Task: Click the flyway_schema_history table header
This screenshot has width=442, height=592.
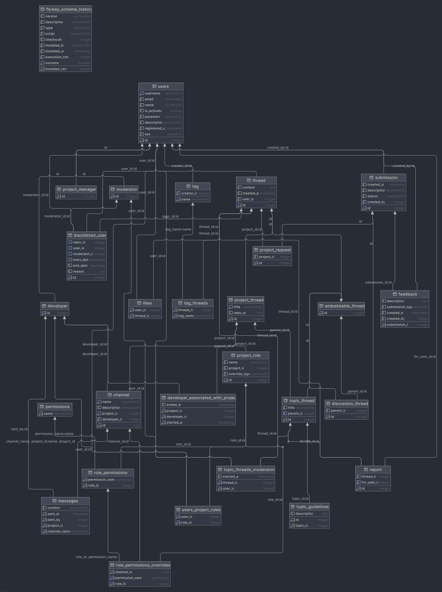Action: (66, 9)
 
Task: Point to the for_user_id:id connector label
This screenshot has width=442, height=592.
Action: (425, 356)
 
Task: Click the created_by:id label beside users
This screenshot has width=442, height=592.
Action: (278, 148)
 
